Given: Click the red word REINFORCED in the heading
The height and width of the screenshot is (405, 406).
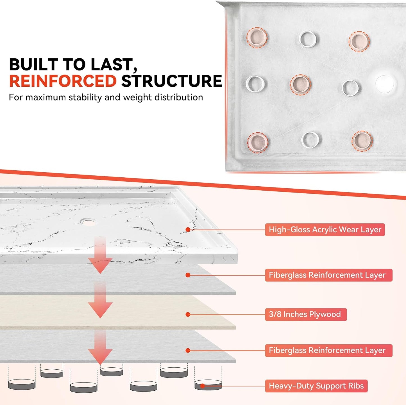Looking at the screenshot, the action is click(63, 81).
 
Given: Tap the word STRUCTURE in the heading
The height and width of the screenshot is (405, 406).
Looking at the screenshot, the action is click(171, 81).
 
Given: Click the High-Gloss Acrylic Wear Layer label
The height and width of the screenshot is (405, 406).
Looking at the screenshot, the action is click(325, 230).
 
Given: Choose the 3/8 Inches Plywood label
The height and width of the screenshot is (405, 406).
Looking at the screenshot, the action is click(306, 314).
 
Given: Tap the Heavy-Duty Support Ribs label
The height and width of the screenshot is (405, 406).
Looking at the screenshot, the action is click(316, 386).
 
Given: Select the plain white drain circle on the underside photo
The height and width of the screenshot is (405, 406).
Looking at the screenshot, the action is click(385, 84).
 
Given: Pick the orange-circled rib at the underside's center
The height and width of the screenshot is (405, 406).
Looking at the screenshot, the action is click(300, 84).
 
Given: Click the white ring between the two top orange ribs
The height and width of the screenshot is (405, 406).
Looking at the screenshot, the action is click(308, 39).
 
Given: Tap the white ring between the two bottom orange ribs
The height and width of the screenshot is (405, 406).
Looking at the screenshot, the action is click(310, 140).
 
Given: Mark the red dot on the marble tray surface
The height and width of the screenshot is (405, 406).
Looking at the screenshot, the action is click(188, 230).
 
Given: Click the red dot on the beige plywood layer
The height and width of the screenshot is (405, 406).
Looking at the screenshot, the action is click(188, 314).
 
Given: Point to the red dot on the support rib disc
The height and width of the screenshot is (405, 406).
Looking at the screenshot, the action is click(203, 386).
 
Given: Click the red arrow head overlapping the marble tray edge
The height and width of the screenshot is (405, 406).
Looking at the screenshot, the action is click(100, 266).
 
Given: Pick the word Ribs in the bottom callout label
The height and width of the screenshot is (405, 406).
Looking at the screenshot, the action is click(356, 386).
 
